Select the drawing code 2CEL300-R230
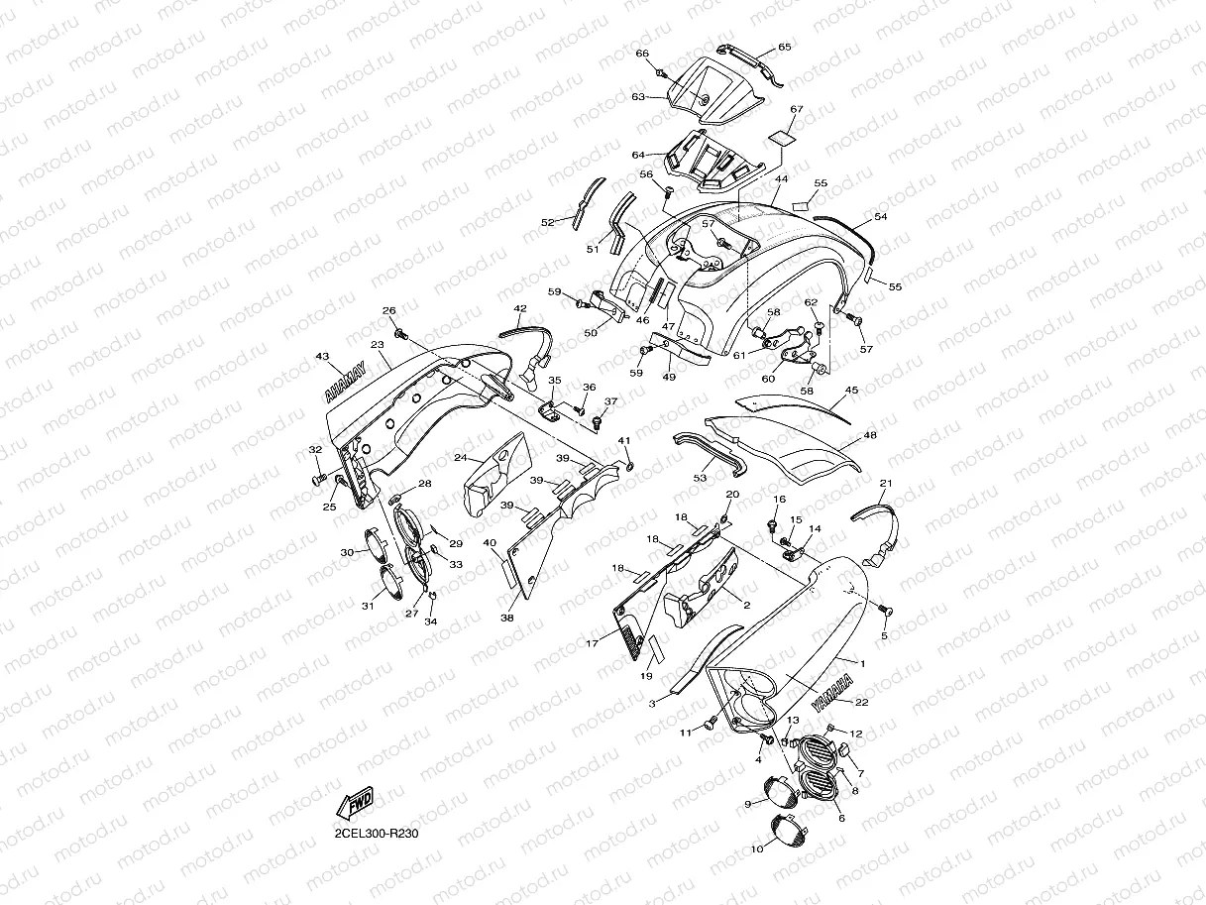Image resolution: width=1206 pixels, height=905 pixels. pyautogui.click(x=379, y=834)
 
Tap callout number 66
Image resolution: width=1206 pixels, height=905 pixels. pyautogui.click(x=642, y=54)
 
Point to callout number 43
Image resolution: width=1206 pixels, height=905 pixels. pyautogui.click(x=322, y=356)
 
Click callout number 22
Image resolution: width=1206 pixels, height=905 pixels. pyautogui.click(x=862, y=703)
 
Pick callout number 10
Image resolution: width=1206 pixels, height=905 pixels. pyautogui.click(x=757, y=849)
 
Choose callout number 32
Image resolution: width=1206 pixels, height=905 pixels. pyautogui.click(x=316, y=450)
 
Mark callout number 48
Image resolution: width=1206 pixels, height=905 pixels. pyautogui.click(x=870, y=435)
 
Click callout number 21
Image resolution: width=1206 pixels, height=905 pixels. pyautogui.click(x=886, y=483)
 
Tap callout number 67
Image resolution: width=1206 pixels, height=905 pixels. pyautogui.click(x=797, y=109)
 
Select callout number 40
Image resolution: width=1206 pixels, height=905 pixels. pyautogui.click(x=490, y=543)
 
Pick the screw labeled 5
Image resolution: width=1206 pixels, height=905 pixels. pyautogui.click(x=882, y=609)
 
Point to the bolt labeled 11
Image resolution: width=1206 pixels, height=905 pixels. pyautogui.click(x=711, y=725)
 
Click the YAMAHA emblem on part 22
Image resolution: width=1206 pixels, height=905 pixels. pyautogui.click(x=829, y=693)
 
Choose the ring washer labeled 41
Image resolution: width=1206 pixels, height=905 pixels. pyautogui.click(x=628, y=462)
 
